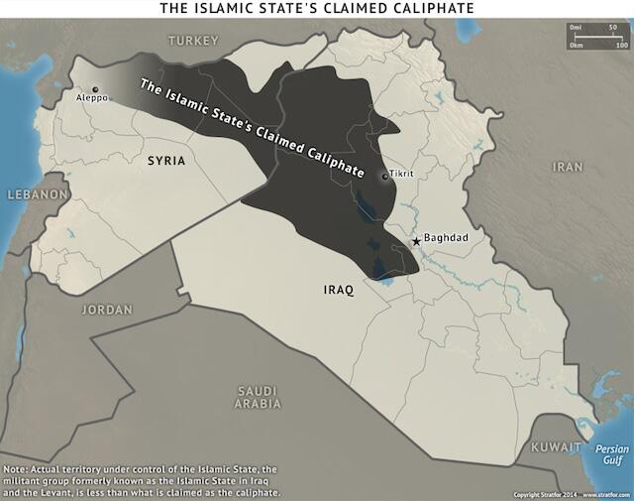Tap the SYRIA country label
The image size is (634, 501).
pos(166,160)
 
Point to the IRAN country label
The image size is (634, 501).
pos(568,167)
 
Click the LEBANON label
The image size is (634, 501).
pos(36,194)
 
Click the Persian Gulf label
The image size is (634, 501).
pos(611,454)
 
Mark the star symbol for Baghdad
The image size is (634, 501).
pos(416,242)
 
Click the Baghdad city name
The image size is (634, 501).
pos(445,238)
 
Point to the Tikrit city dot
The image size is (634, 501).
pos(384,177)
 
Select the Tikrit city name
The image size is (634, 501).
pos(401,174)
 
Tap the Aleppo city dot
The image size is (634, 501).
pos(95,89)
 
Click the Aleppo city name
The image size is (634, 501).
pos(91,98)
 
